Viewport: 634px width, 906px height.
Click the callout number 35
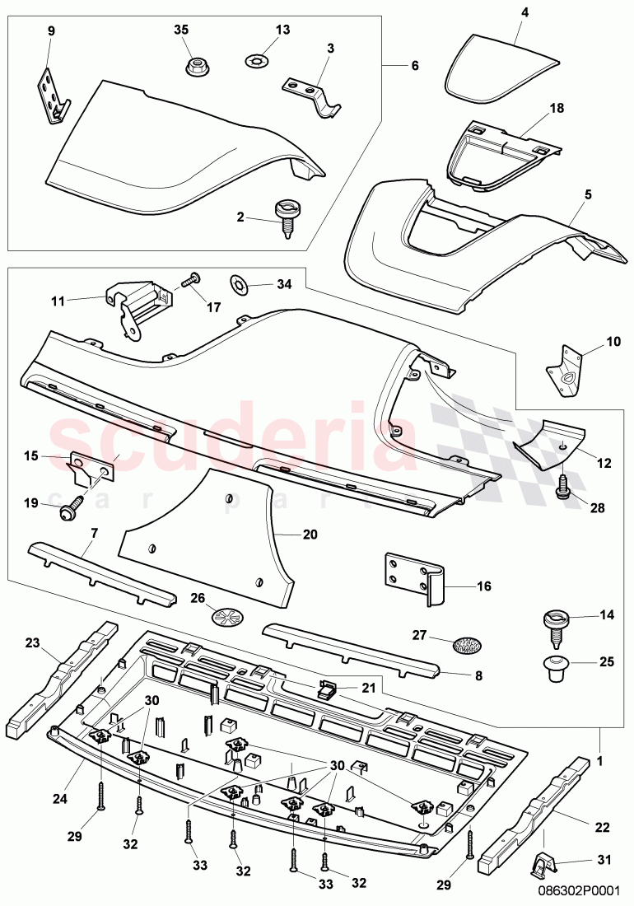tap(181, 30)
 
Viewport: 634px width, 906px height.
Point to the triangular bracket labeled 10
tap(567, 368)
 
